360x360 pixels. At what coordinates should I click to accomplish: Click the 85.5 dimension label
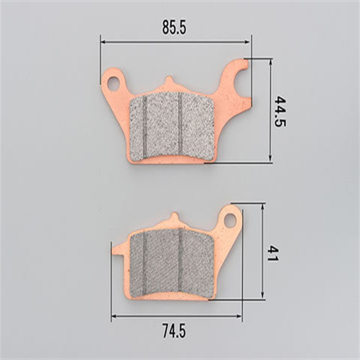pos(174,27)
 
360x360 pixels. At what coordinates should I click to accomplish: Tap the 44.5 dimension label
pos(280,112)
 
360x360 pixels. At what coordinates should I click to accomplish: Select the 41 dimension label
pos(273,253)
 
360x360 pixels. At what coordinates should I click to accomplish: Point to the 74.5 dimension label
pos(174,331)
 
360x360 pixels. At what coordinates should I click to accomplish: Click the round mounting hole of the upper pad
pos(113,83)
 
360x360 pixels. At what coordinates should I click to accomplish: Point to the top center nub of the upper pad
pos(169,81)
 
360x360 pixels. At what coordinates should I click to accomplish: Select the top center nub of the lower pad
pos(174,217)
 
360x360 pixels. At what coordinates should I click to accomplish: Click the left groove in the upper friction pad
pos(145,126)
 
